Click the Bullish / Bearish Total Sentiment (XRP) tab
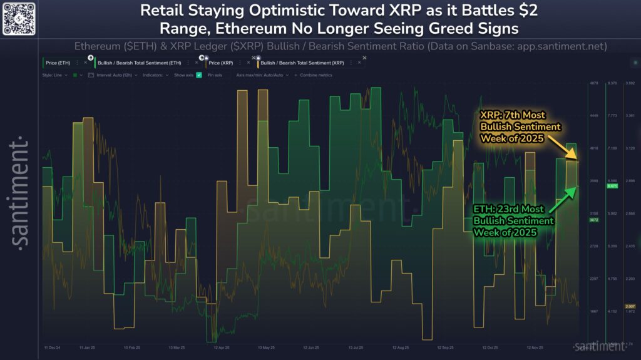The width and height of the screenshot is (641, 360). tap(302, 63)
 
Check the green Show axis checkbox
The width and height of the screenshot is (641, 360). tap(199, 75)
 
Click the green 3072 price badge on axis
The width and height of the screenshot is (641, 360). tap(595, 220)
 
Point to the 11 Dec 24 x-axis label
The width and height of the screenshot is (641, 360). tap(53, 347)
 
